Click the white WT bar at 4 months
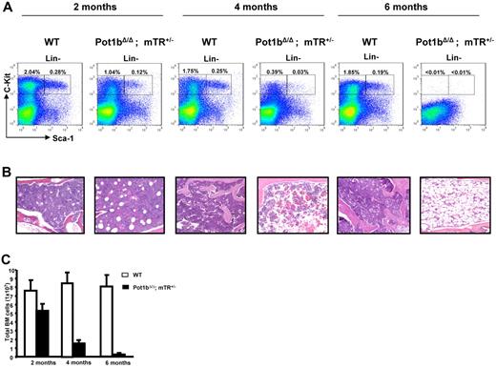point(93,318)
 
